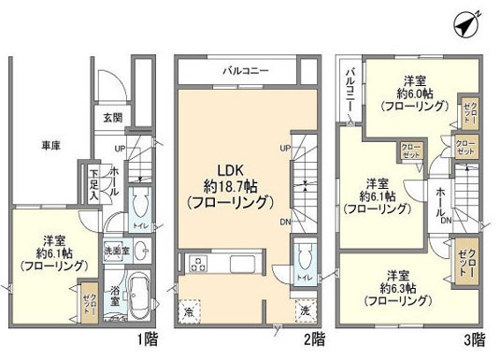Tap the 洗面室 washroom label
tap(116, 252)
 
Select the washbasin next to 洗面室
tap(139, 250)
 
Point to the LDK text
tap(231, 170)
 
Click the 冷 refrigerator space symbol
tap(190, 310)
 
